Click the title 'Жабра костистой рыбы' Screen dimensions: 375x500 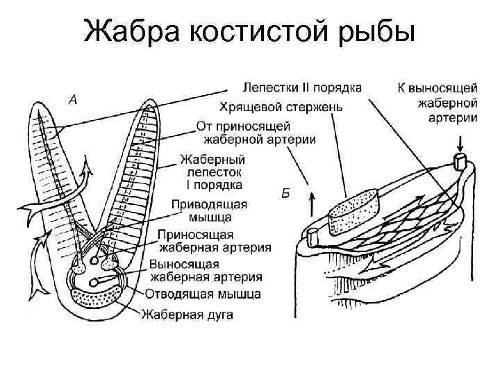(249, 31)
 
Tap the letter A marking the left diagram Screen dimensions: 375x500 (72, 100)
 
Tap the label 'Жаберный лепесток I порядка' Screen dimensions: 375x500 (212, 172)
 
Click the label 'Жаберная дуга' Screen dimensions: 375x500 (187, 314)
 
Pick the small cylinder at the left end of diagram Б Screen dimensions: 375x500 (311, 236)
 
